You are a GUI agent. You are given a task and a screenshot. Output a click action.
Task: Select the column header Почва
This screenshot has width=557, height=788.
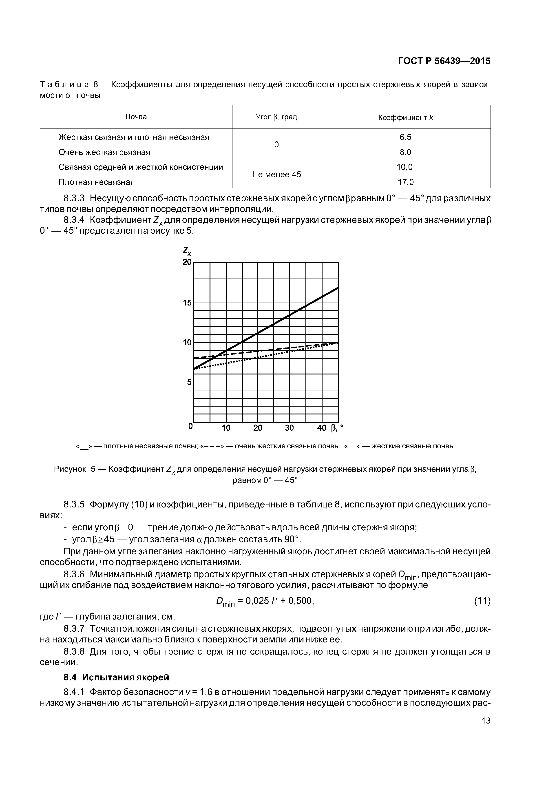(x=136, y=117)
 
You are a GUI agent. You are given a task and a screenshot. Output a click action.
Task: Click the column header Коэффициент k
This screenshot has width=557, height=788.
(x=405, y=117)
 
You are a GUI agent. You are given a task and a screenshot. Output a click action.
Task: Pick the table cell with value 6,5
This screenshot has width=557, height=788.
(x=405, y=137)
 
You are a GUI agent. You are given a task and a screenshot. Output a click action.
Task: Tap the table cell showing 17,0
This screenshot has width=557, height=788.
(x=405, y=182)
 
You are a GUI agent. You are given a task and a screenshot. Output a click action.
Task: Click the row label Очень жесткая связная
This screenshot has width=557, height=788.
(x=104, y=152)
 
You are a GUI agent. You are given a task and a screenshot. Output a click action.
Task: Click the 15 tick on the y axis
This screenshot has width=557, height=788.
(x=187, y=303)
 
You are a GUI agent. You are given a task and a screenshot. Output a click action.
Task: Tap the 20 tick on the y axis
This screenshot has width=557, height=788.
(x=187, y=262)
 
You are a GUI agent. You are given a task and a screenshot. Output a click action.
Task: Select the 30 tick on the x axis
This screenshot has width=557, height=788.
(x=289, y=428)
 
